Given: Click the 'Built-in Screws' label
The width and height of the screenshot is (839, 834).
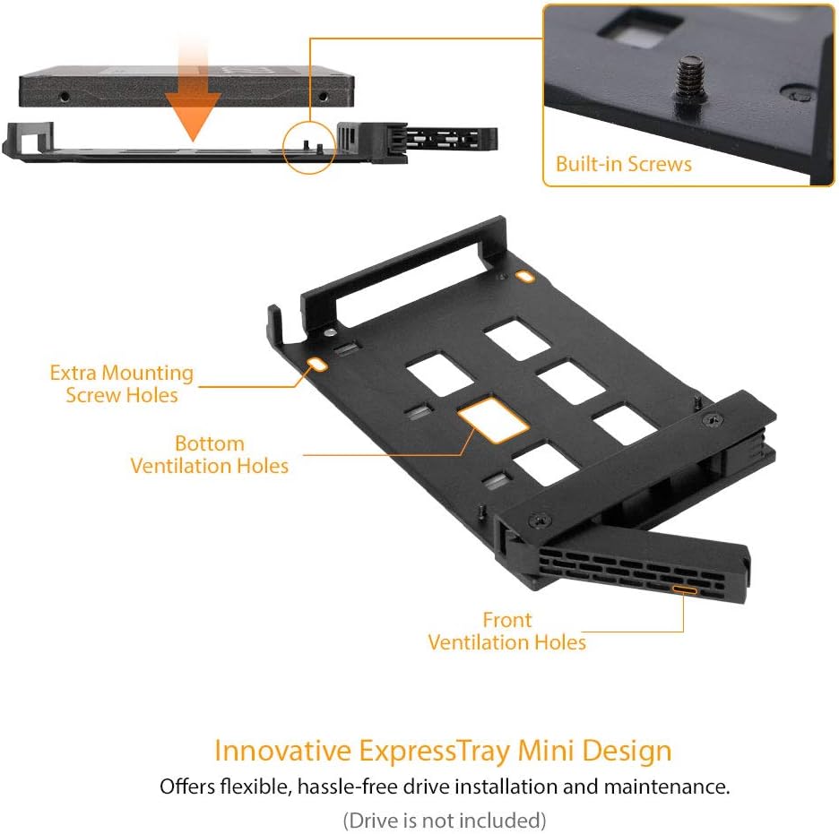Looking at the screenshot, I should point(623,164).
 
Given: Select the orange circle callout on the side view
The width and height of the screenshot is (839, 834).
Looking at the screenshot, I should point(309,144).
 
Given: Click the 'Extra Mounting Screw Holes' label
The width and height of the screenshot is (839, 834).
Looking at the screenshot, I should point(121,383).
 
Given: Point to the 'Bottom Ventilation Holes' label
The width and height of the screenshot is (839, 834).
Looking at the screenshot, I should point(210,454).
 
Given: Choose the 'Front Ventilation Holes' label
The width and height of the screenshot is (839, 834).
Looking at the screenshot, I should point(506,631).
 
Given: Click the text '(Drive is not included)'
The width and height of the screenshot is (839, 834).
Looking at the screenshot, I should point(444,819).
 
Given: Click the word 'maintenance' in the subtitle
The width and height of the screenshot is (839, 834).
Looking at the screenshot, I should point(669,787).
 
